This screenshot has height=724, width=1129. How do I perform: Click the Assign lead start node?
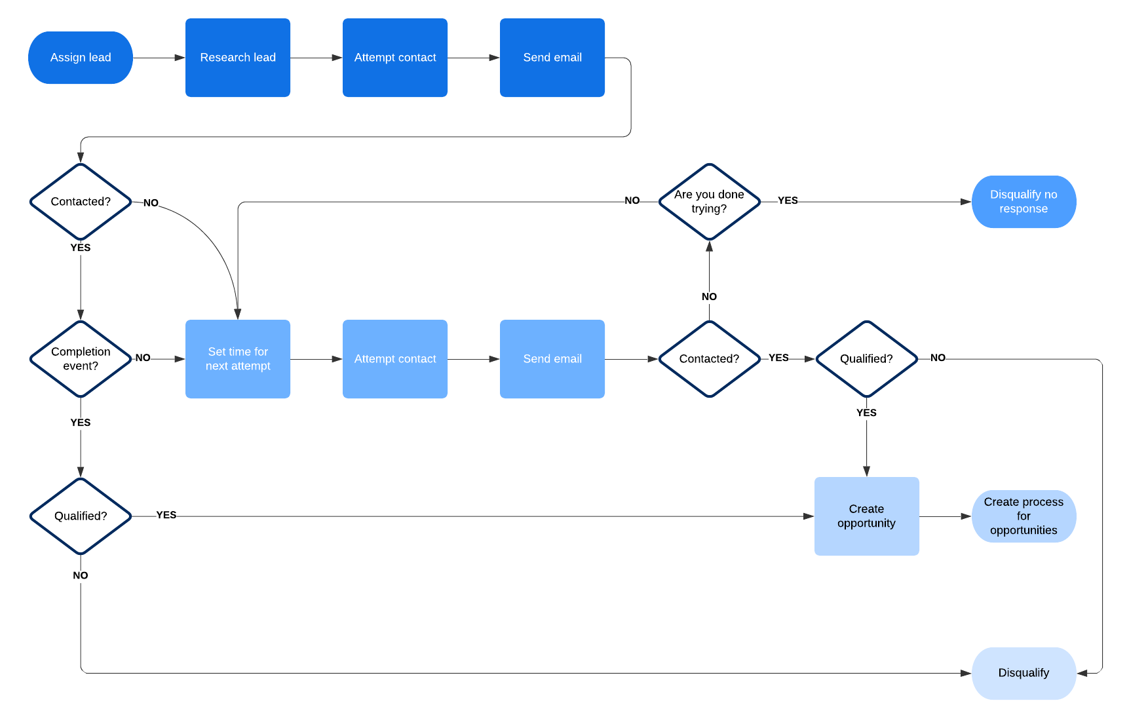point(81,58)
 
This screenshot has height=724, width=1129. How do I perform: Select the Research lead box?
point(238,58)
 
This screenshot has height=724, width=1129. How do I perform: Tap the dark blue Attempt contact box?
point(395,58)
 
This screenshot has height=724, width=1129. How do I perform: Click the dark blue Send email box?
point(552,58)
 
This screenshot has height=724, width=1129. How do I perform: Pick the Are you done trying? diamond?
point(709,202)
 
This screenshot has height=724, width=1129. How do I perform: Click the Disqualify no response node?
point(1024,202)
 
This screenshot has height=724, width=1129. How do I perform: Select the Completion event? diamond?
point(81,359)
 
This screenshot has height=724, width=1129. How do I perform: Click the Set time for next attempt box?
point(238,359)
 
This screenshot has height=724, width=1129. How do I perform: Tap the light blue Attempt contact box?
point(395,359)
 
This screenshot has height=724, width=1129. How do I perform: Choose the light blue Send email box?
point(552,359)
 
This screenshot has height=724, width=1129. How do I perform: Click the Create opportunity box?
point(866,516)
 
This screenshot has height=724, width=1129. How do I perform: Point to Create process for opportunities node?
point(1024,516)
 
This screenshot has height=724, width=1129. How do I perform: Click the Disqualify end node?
point(1024,673)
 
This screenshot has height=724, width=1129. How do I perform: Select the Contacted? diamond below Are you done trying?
point(709,359)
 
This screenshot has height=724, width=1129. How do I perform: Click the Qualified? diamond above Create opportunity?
point(866,359)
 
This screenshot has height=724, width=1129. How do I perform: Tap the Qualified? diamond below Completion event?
point(81,516)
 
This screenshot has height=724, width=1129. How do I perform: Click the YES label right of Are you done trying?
point(788,200)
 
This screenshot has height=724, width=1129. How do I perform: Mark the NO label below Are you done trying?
point(709,297)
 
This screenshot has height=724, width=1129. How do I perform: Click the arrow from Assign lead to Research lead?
point(159,58)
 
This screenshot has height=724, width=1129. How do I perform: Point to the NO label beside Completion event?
point(143,358)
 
